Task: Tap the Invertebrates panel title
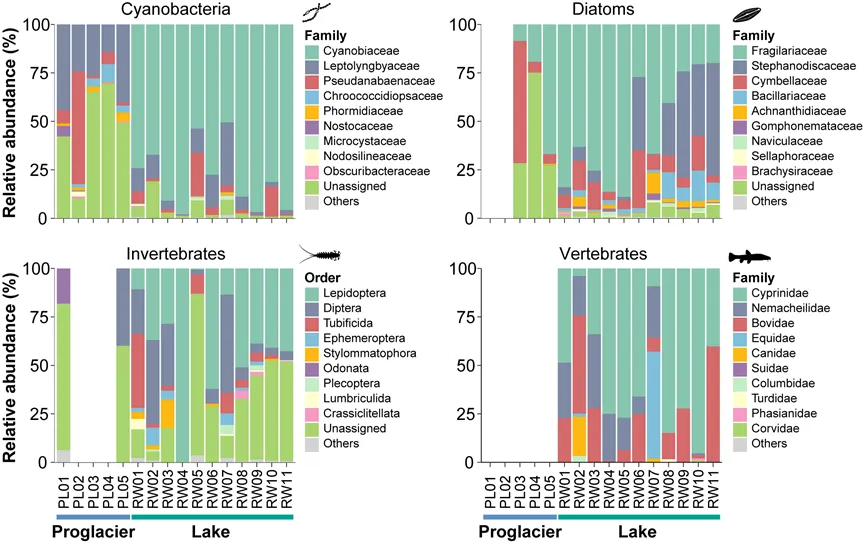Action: (x=175, y=254)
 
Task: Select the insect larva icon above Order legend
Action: (x=319, y=255)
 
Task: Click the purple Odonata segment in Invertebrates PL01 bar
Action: (x=63, y=285)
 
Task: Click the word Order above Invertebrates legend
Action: (x=322, y=275)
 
